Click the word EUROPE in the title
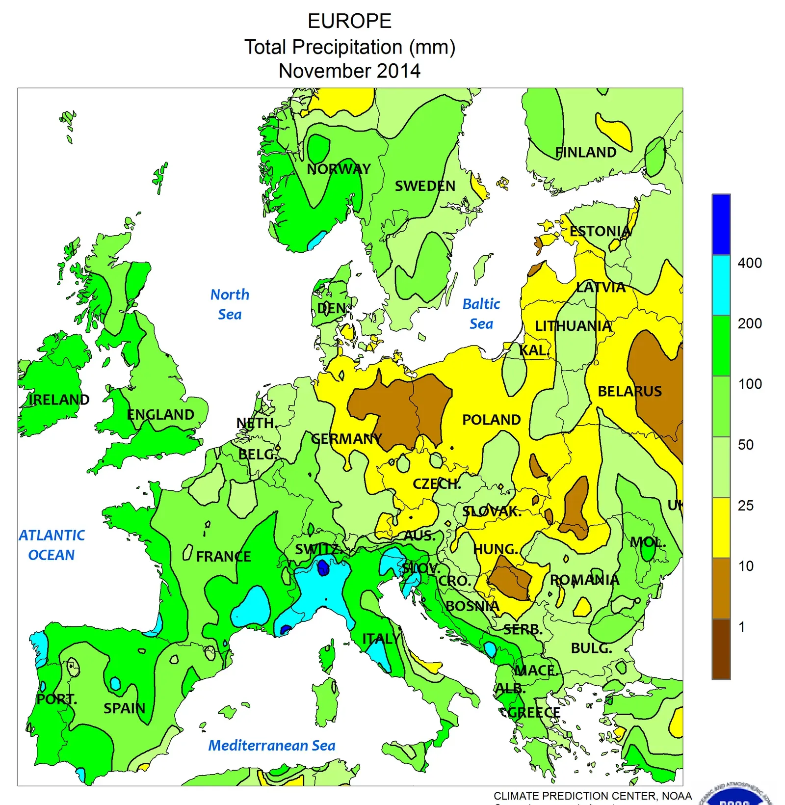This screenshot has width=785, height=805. click(x=349, y=21)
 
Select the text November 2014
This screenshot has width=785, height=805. click(x=349, y=71)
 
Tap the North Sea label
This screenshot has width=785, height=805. click(x=230, y=304)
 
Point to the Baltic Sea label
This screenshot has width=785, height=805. click(x=481, y=314)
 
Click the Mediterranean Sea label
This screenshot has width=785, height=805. click(x=272, y=746)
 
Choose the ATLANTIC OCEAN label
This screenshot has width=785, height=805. click(x=52, y=545)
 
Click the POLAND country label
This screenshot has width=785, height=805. click(x=491, y=420)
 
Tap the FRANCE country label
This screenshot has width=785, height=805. click(x=223, y=556)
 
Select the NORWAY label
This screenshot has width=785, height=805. click(x=339, y=169)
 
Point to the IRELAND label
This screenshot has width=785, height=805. click(x=59, y=400)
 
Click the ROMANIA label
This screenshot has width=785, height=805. click(x=584, y=580)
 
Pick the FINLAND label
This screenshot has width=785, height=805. click(x=585, y=153)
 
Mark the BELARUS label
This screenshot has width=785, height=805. click(x=629, y=391)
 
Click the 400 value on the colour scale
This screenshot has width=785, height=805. click(x=749, y=263)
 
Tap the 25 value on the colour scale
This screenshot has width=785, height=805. click(x=745, y=506)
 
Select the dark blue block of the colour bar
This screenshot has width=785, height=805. click(x=721, y=224)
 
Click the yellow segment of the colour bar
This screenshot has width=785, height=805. click(x=721, y=528)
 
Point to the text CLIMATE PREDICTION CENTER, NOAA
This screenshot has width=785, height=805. click(x=592, y=796)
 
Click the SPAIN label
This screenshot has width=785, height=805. click(x=124, y=708)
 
